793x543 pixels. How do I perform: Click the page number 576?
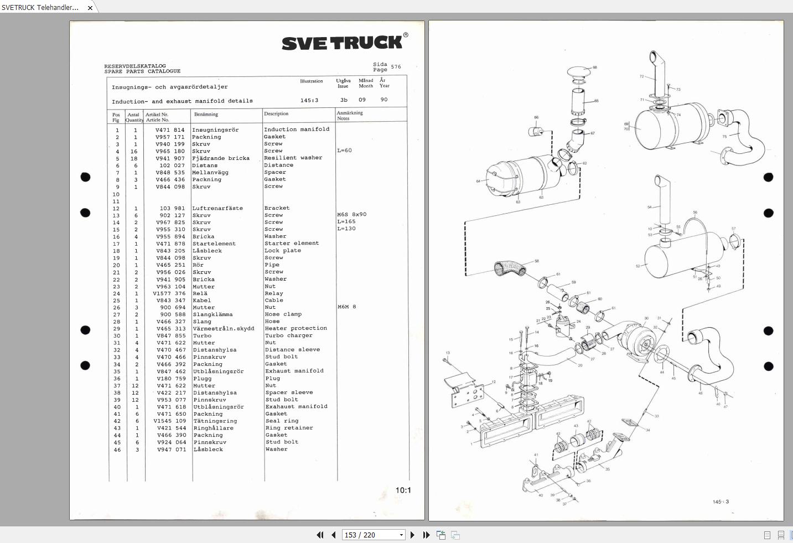point(396,67)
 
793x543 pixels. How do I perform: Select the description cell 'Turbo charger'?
point(288,335)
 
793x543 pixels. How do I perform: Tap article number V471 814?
point(170,130)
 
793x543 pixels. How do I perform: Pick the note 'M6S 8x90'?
point(352,215)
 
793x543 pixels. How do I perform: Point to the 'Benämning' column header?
point(206,115)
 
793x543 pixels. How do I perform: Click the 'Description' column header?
point(276,114)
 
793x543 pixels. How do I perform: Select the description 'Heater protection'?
point(296,328)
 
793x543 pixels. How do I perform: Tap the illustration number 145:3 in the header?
point(309,101)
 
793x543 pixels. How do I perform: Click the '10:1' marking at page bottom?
point(403,490)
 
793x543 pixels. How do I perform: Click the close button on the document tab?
point(90,8)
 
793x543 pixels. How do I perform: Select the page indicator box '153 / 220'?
point(373,535)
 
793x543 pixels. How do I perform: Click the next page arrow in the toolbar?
point(412,535)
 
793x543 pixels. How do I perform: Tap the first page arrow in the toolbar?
point(320,535)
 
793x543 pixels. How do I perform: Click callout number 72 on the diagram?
point(641,76)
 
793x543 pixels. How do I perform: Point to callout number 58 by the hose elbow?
point(536,261)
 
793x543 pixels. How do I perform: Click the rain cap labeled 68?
point(579,73)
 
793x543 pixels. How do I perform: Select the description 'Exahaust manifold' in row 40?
point(296,406)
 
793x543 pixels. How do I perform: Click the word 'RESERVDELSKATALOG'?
point(135,66)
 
